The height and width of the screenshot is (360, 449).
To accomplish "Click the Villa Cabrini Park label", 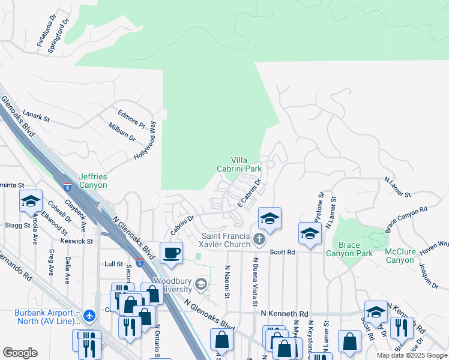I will (247, 164).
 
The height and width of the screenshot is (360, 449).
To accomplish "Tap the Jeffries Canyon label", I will (92, 181).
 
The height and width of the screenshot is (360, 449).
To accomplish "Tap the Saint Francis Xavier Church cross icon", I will (259, 240).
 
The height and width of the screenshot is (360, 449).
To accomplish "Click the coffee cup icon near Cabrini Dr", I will (172, 252).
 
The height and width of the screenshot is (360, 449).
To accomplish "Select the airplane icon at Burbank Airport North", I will (89, 315).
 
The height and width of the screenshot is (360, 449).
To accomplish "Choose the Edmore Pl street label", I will (131, 116).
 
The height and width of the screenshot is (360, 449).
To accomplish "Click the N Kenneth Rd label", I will (284, 314).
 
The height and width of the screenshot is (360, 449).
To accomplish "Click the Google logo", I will (20, 353).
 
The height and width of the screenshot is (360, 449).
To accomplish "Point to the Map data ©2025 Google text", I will (411, 355).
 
